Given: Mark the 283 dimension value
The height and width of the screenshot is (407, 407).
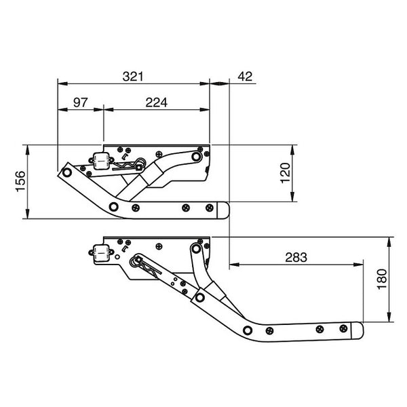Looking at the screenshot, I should (296, 258).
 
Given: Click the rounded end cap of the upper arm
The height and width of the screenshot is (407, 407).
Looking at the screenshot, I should (223, 210).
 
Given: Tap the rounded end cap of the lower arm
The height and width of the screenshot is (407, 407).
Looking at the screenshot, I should (355, 332).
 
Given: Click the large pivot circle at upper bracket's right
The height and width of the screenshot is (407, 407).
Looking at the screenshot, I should (197, 157).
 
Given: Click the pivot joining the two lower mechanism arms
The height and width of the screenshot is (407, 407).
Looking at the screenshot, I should (199, 296).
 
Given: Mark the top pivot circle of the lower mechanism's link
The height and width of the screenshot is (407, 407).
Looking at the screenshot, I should (196, 249).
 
